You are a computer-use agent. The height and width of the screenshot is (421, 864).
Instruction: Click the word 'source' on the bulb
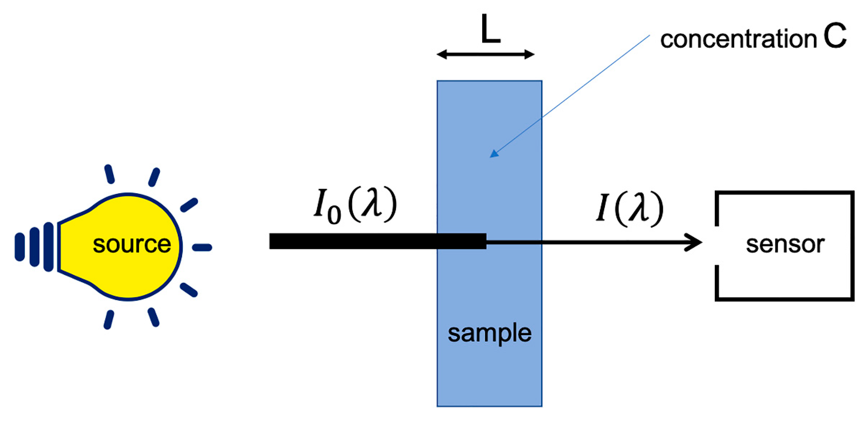[x=132, y=244]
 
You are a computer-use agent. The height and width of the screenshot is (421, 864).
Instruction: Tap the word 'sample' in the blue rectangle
[x=489, y=333]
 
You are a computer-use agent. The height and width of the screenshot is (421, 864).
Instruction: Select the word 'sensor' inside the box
[x=785, y=244]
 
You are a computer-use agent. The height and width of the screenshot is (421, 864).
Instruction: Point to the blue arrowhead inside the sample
[x=494, y=154]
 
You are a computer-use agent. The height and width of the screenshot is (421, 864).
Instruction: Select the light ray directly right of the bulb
[x=202, y=247]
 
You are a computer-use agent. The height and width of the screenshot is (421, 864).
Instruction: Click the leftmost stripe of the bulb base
[x=20, y=247]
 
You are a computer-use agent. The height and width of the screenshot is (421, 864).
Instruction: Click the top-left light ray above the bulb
[x=109, y=174]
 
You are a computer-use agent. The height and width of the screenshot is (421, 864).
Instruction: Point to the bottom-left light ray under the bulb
[x=109, y=320]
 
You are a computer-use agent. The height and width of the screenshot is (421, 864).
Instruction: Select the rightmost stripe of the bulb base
[x=49, y=247]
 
